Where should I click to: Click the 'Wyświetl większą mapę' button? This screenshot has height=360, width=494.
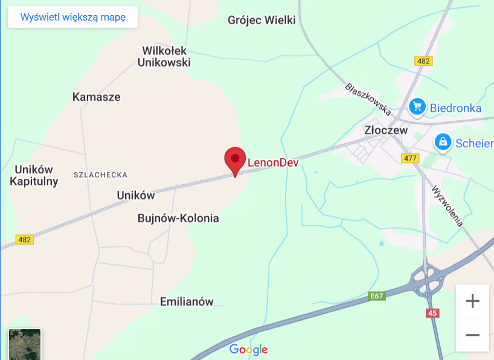[72, 17]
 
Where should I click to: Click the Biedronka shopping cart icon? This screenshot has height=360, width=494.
[417, 107]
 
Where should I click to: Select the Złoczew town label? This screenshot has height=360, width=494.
[386, 130]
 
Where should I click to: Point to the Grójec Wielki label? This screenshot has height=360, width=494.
[261, 21]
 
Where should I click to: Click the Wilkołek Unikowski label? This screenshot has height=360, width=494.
[164, 56]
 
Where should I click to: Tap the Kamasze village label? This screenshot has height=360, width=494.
[97, 97]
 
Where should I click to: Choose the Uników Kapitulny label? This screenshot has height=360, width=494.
[34, 175]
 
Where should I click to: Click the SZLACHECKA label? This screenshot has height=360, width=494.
[100, 175]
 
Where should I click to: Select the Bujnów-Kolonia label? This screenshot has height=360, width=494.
[178, 218]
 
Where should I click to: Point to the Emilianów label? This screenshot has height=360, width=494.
[187, 301]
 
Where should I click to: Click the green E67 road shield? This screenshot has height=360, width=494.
[376, 296]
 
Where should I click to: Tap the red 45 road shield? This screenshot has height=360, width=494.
[432, 313]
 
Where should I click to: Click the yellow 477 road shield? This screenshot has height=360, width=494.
[410, 158]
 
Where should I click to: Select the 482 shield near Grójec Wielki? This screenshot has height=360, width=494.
[423, 61]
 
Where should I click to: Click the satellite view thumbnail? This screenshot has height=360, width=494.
[25, 344]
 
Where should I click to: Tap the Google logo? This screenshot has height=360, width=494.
[248, 349]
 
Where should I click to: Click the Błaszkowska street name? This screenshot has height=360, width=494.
[368, 98]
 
